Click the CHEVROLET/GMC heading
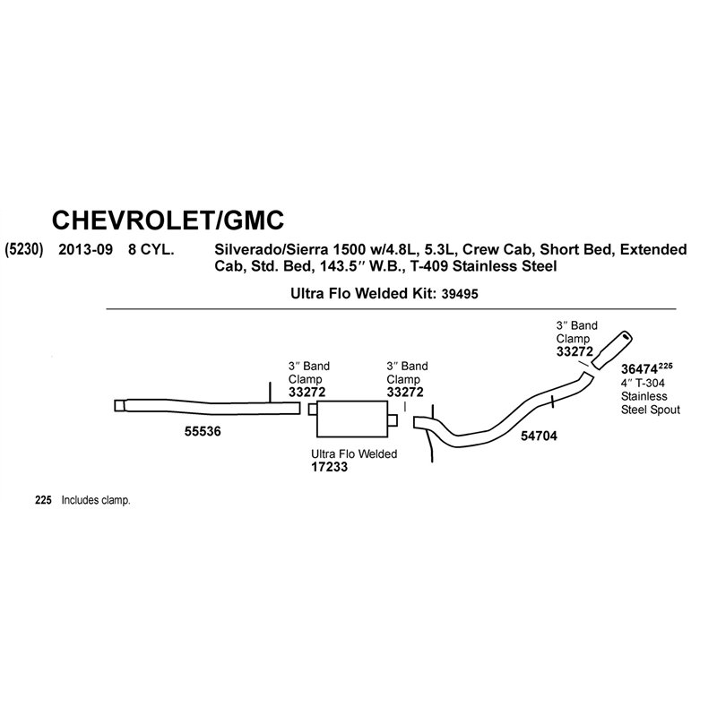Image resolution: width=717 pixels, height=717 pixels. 168,220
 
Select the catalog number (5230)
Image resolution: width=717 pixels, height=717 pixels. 24,250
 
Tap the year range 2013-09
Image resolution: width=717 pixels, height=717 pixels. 85,250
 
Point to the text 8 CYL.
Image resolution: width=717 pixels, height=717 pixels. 151,250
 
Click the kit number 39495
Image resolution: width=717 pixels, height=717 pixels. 460,294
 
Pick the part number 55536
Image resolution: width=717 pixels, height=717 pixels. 203,431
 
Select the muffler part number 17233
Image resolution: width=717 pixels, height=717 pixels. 329,467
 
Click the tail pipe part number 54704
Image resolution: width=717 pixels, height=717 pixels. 540,436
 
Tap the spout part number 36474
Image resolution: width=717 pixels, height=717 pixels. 639,369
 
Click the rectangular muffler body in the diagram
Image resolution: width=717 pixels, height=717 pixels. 352,419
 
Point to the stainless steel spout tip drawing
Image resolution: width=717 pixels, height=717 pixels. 612,350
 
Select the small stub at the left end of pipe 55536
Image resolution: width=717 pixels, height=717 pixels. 119,406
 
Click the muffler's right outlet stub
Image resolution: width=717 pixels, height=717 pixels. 393,420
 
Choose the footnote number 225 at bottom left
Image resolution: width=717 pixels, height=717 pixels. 43,500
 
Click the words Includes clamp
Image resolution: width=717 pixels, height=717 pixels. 96,500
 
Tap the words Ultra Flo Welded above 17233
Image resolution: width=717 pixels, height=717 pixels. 354,454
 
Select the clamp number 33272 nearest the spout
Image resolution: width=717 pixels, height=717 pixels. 574,351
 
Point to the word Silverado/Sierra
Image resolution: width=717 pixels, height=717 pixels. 272,250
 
